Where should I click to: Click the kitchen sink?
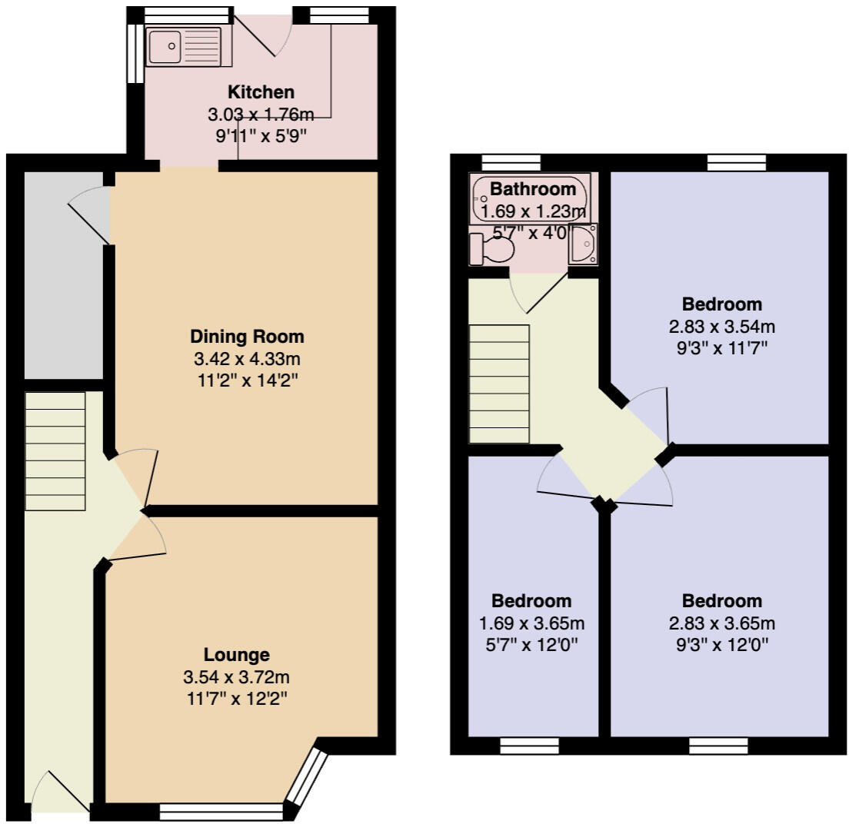point(182,47)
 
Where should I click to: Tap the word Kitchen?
point(261,92)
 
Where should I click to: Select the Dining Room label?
point(247,336)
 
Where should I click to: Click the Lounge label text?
point(236,655)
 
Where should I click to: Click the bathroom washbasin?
point(582,245)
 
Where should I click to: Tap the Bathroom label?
point(533,189)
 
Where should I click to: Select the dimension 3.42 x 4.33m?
point(247,358)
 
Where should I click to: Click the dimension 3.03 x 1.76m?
point(261,115)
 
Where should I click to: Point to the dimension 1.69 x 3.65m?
point(531,623)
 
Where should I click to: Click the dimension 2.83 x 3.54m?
point(721,326)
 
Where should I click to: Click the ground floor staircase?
point(55,451)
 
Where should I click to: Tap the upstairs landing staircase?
point(499,384)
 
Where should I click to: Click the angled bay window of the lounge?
point(307,777)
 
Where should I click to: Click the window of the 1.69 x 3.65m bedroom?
point(529,744)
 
